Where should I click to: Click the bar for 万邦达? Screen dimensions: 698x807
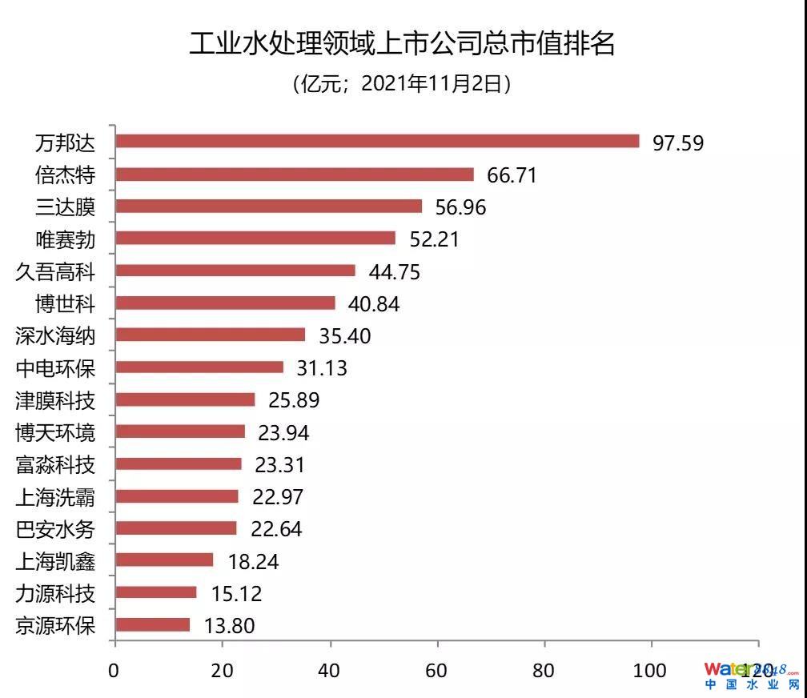tap(377, 142)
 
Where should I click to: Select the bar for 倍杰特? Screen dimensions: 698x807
tap(295, 174)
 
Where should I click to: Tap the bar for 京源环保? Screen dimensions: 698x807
tap(153, 624)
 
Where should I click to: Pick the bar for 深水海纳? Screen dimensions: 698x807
tap(211, 335)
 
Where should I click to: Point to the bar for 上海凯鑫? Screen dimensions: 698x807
tap(164, 560)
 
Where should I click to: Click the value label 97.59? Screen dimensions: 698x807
tap(677, 143)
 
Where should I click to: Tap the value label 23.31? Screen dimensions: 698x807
tap(279, 465)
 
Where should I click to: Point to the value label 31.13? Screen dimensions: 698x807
tap(322, 368)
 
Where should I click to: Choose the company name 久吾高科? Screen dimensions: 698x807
tap(55, 271)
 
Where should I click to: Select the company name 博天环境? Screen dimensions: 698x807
tap(55, 432)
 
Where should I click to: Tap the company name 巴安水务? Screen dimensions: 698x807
tap(55, 528)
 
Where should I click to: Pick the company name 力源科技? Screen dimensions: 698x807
tap(55, 593)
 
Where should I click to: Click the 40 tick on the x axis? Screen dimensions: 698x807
tap(330, 670)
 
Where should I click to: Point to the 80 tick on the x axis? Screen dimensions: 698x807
tap(544, 670)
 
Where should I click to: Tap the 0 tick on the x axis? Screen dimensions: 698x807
tap(115, 670)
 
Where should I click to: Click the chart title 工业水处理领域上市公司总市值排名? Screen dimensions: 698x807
tap(403, 43)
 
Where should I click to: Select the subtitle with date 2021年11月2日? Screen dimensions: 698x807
tap(403, 84)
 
